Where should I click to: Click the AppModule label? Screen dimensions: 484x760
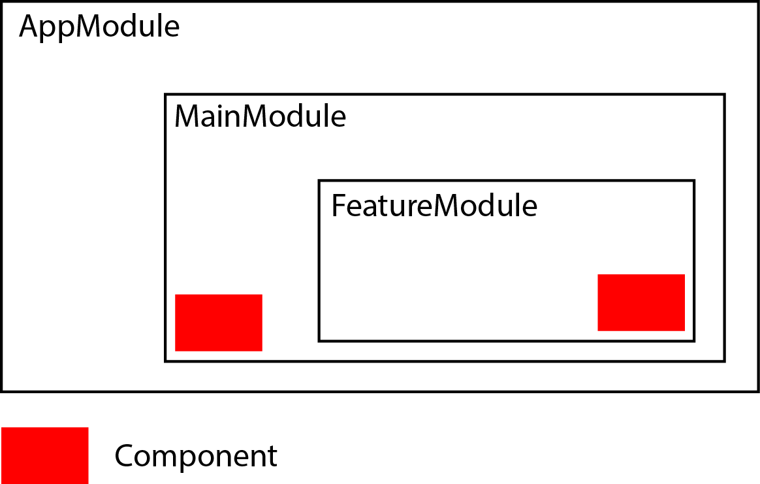tap(99, 27)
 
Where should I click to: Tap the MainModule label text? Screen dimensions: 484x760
tap(260, 117)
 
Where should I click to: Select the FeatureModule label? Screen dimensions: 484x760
tap(434, 206)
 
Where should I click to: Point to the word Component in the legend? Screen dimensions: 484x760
tap(196, 456)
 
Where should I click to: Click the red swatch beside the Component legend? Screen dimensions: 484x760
tap(44, 455)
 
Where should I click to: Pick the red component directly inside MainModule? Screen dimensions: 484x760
tap(219, 323)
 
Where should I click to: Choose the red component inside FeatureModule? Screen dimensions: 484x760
tap(641, 302)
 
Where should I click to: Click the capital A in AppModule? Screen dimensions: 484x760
tap(29, 27)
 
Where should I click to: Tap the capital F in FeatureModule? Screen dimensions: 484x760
tap(338, 206)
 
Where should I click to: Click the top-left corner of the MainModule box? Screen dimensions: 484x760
tap(165, 95)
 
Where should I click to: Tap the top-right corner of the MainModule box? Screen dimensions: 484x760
tap(724, 95)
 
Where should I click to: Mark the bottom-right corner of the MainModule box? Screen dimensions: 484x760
tap(724, 361)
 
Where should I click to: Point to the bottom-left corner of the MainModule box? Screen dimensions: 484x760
tap(165, 361)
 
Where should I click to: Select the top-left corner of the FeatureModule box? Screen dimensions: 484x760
tap(319, 181)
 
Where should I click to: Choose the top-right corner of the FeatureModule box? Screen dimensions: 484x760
tap(694, 181)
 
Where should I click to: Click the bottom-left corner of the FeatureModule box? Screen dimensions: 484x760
tap(319, 340)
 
